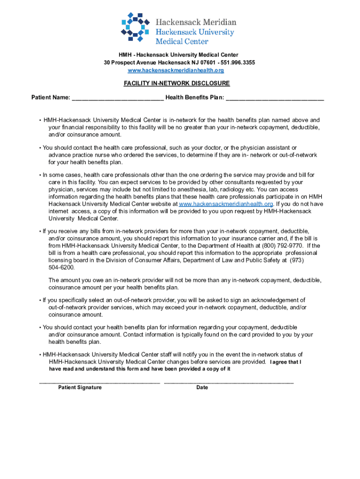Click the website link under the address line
(x=176, y=70)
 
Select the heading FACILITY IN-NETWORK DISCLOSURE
(x=176, y=83)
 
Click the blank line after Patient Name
(x=118, y=98)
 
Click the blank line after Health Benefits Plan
(x=275, y=98)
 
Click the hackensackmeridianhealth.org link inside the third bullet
(x=226, y=204)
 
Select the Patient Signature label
(x=79, y=388)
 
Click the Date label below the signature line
(x=202, y=388)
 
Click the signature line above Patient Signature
(x=99, y=382)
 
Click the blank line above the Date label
(x=229, y=382)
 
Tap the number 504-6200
(x=61, y=268)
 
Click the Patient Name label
(x=50, y=98)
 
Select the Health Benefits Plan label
(x=194, y=98)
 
